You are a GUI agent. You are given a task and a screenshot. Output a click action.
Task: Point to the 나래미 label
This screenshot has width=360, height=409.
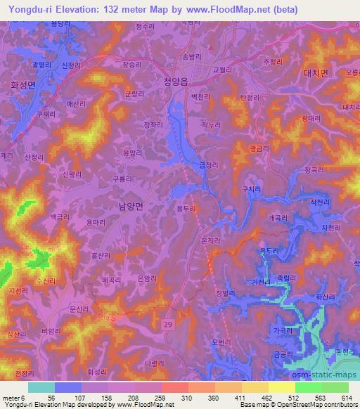pos(153,363)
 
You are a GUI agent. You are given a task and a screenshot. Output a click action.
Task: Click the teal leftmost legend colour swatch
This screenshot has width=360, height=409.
pos(41,387)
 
